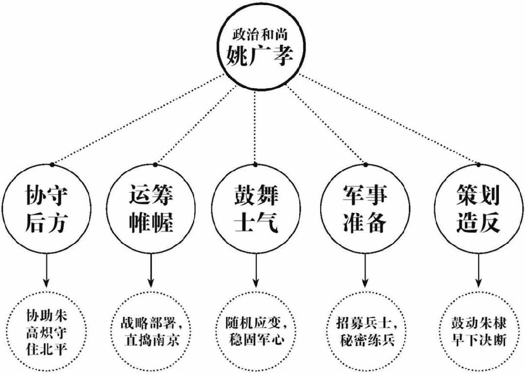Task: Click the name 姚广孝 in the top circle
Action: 260,55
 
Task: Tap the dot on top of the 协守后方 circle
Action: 51,164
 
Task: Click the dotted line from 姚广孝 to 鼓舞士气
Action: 256,122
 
